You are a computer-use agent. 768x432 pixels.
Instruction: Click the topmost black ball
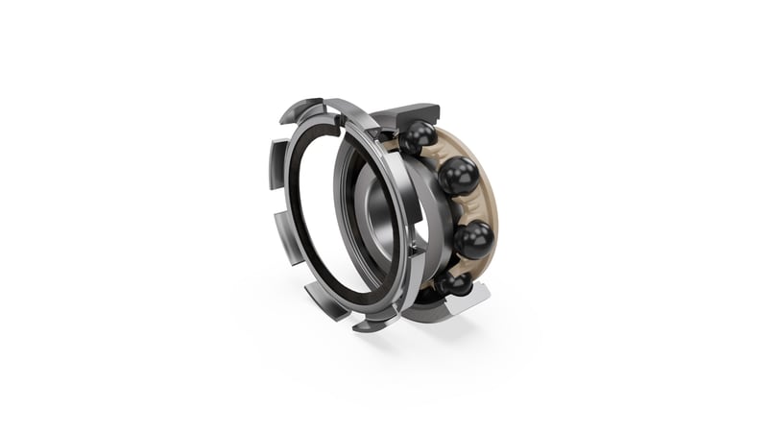click(x=418, y=140)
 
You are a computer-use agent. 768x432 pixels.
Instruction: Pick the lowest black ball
click(x=454, y=285)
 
